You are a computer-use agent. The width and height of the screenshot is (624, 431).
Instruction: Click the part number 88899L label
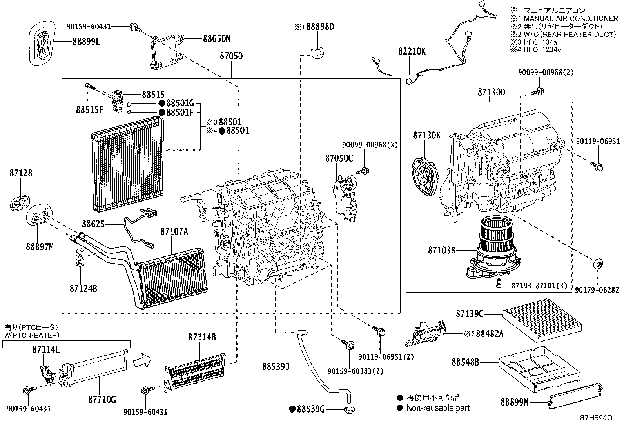click(86, 41)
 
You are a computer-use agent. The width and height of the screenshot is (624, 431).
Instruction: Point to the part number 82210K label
click(412, 51)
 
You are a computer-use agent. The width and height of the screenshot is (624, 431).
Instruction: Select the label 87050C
click(339, 158)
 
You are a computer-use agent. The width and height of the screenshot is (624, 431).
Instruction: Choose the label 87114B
click(202, 337)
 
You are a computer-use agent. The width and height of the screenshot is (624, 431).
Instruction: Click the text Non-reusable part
click(437, 408)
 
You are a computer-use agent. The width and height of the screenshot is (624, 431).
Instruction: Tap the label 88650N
click(216, 38)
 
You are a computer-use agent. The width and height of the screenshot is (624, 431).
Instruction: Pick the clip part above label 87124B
click(80, 258)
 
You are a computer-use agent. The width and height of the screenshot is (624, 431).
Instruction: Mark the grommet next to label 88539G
click(348, 410)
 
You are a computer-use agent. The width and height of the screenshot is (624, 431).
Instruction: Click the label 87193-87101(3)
click(539, 286)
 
